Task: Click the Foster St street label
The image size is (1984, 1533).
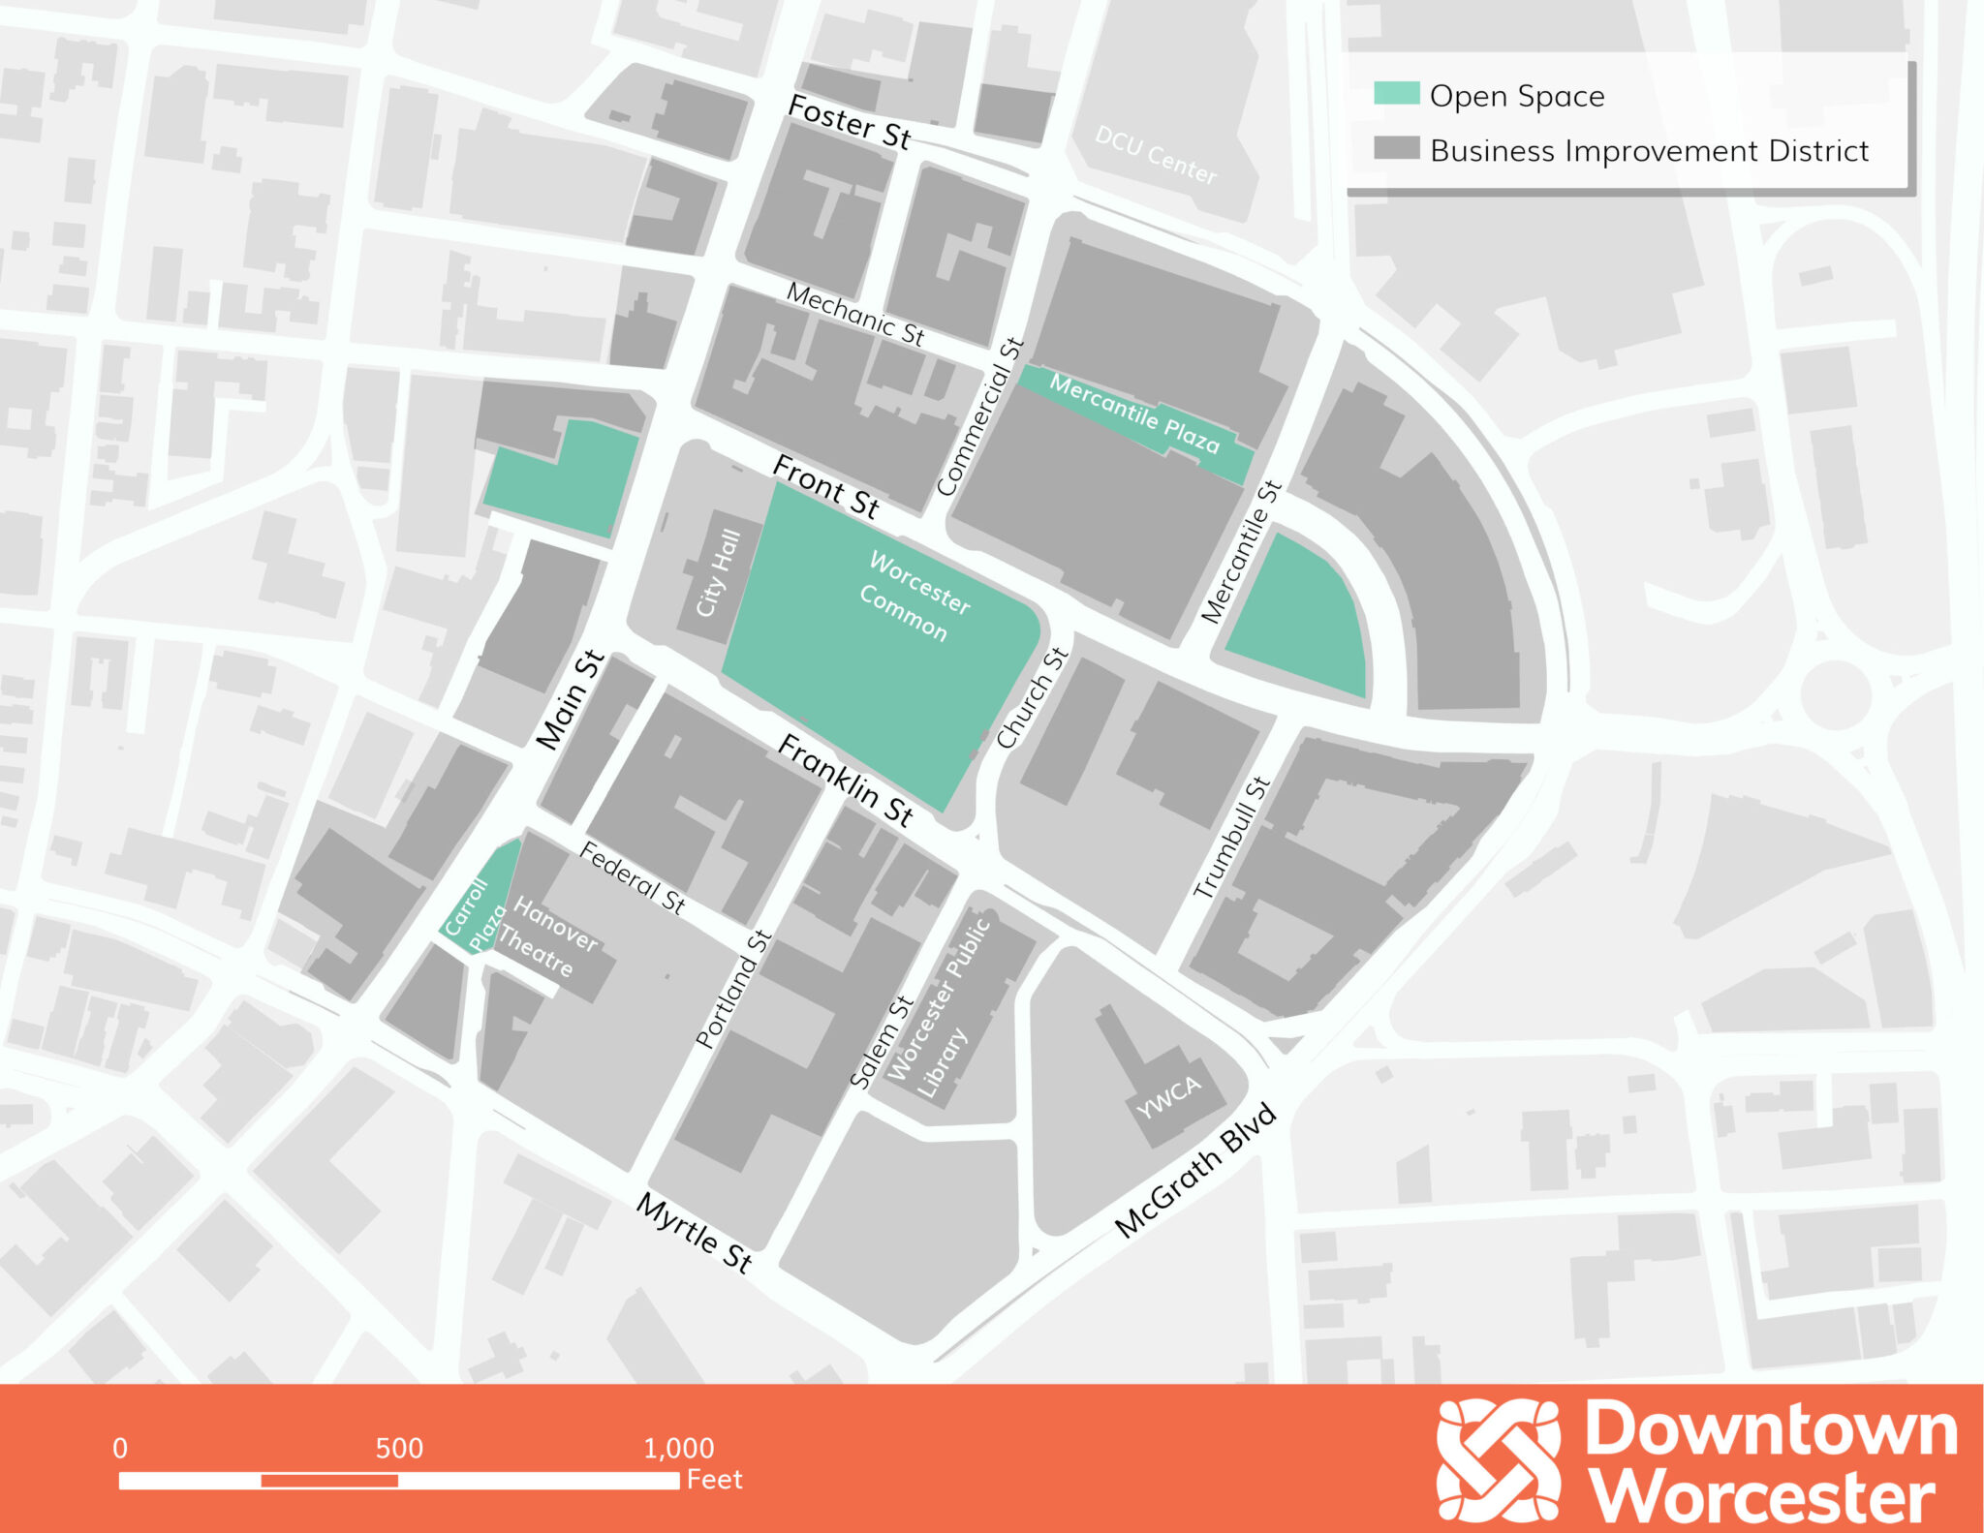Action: tap(850, 123)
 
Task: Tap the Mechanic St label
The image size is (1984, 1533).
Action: tap(854, 314)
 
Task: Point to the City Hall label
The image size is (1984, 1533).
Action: tap(719, 572)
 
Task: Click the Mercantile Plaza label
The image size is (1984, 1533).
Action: tap(1133, 414)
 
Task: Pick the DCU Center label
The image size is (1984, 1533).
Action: tap(1155, 155)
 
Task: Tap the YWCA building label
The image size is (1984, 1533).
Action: tap(1168, 1096)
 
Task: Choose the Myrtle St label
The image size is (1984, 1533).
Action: tap(694, 1232)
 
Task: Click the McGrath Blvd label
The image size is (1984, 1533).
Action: tap(1195, 1170)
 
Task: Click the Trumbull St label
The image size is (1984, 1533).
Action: tap(1230, 838)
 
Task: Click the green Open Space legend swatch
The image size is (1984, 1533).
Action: tap(1396, 94)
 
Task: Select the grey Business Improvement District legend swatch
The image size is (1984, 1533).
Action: tap(1396, 149)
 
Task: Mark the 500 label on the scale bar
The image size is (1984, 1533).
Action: tap(399, 1448)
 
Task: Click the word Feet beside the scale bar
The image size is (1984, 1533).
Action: tap(714, 1480)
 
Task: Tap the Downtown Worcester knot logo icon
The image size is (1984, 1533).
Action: tap(1498, 1458)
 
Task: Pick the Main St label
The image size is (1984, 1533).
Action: tap(570, 700)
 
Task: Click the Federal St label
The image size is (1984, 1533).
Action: tap(633, 878)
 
